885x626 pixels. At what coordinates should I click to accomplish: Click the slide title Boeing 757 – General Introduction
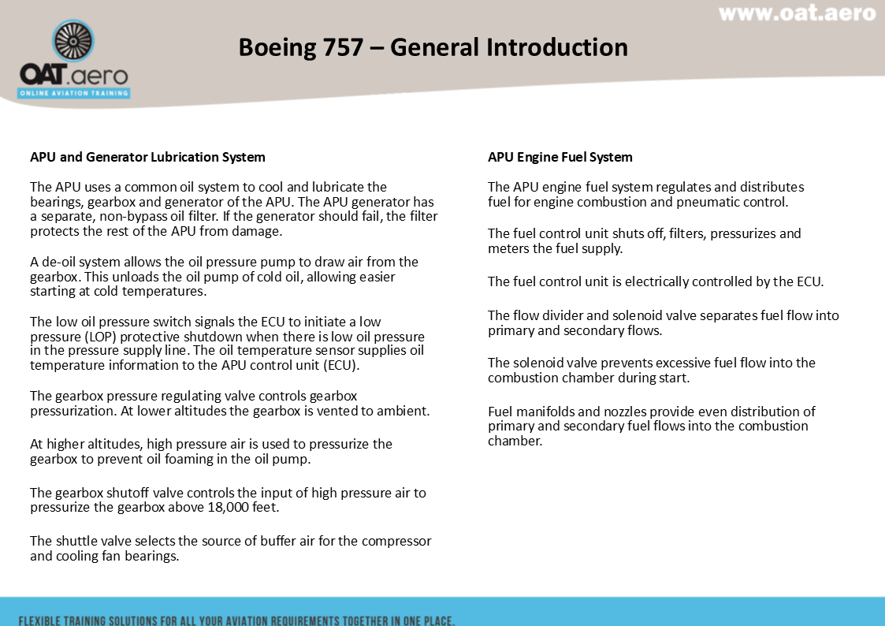coord(433,47)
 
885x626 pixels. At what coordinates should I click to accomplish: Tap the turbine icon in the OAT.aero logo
coord(73,41)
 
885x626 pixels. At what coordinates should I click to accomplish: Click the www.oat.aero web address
coord(797,14)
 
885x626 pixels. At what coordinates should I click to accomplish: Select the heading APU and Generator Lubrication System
coord(147,157)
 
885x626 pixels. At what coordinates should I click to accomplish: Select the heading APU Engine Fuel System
coord(560,157)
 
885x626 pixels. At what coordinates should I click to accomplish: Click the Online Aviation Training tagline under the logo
coord(74,93)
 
